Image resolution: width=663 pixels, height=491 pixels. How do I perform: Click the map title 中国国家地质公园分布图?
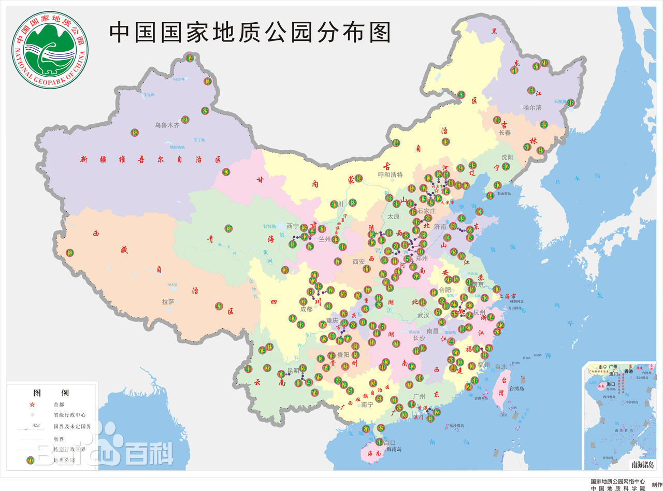point(250,32)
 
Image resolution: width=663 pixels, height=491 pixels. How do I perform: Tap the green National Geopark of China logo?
point(50,50)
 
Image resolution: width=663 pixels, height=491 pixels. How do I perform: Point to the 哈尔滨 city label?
point(532,108)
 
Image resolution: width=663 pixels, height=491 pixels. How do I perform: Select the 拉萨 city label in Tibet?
point(168,301)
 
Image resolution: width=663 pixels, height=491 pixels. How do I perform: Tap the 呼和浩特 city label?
point(390,175)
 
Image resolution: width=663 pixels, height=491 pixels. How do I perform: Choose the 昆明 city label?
point(293,370)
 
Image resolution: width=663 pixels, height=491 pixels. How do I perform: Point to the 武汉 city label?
point(423,315)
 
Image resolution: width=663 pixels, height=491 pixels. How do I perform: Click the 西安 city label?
point(359,262)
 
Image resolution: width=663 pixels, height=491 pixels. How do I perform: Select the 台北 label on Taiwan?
point(500,367)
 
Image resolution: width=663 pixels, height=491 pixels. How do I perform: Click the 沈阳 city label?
point(507,157)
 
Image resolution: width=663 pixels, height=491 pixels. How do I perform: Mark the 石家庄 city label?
point(427,211)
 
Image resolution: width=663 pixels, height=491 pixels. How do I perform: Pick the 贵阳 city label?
point(343,355)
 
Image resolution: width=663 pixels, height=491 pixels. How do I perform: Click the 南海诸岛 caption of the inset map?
point(642,464)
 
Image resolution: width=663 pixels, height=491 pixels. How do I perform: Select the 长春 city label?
point(505,133)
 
